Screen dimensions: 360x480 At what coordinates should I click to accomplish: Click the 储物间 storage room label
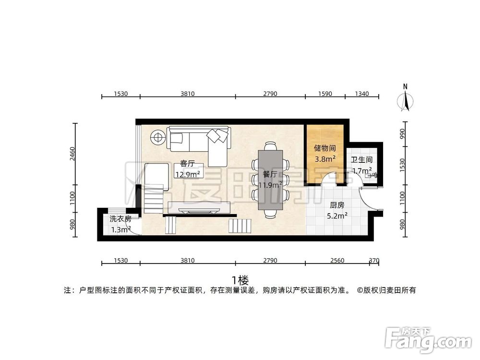point(324,149)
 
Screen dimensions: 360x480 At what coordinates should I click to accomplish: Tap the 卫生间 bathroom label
point(361,160)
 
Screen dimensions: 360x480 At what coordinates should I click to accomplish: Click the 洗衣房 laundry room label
point(120,219)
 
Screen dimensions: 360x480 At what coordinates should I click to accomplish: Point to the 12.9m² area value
point(187,174)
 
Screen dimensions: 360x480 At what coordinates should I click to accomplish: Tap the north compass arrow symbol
point(405,100)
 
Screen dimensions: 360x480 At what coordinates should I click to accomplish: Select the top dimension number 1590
point(325,94)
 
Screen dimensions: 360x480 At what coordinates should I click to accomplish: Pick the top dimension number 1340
point(361,94)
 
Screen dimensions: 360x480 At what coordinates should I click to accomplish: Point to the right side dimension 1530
point(402,165)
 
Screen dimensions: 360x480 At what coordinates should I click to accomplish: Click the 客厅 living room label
point(187,164)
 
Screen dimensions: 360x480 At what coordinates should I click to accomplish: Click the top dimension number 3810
point(187,94)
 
